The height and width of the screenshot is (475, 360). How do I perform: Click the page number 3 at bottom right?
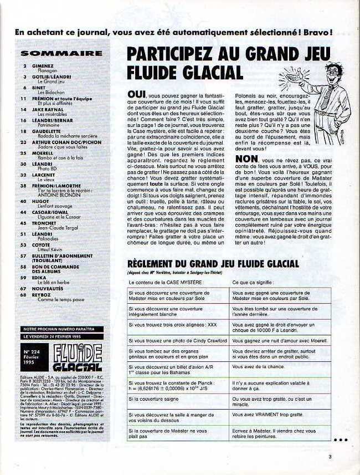pyautogui.click(x=329, y=457)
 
